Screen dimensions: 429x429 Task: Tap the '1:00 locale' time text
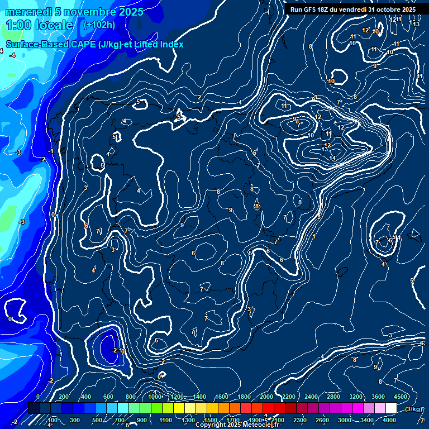40,25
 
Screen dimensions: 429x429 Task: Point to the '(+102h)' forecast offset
100,25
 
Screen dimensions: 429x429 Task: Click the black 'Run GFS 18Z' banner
352,9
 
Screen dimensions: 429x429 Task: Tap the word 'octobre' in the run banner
388,9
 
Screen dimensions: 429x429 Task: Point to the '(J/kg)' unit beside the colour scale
413,409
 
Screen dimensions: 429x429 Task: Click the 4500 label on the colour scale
401,397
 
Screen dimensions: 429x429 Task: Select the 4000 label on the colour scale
389,420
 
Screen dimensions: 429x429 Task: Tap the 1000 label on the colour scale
155,397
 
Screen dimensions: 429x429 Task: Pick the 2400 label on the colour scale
311,397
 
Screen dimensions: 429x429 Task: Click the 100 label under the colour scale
53,420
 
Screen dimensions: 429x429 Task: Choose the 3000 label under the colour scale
345,420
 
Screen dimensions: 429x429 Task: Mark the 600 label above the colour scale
108,397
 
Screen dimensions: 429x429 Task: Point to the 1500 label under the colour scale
211,420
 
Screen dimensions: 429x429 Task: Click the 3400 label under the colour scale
367,420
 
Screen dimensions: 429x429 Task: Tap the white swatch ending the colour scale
401,409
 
